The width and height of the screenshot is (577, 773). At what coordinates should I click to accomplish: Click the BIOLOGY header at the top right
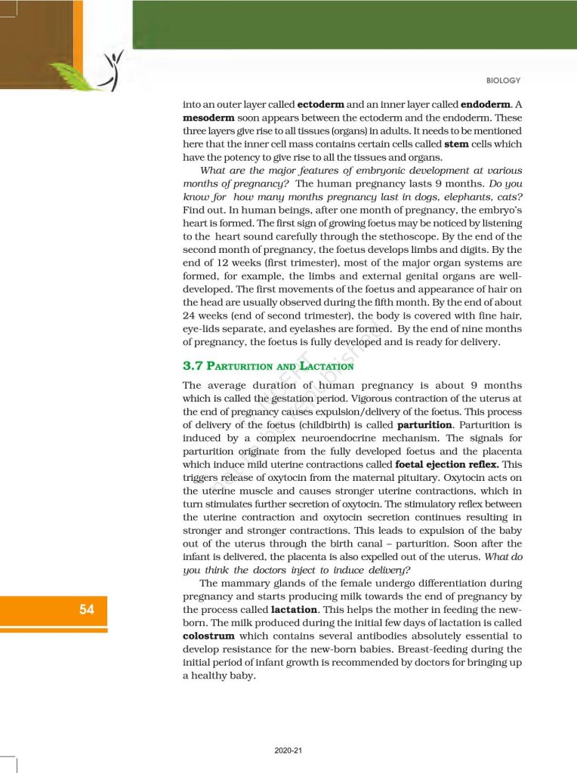504,81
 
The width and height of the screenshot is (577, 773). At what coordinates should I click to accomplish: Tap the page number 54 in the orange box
87,609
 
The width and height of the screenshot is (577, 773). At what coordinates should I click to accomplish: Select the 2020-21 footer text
288,751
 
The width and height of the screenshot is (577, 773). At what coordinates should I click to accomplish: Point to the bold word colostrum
208,636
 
